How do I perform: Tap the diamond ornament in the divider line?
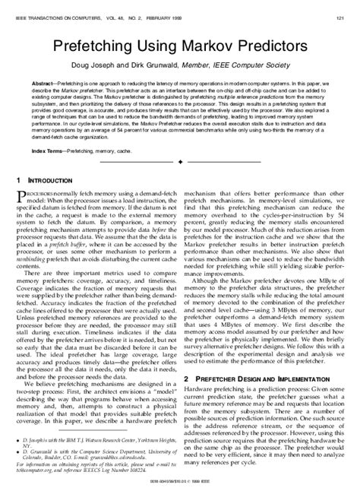(x=180, y=163)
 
